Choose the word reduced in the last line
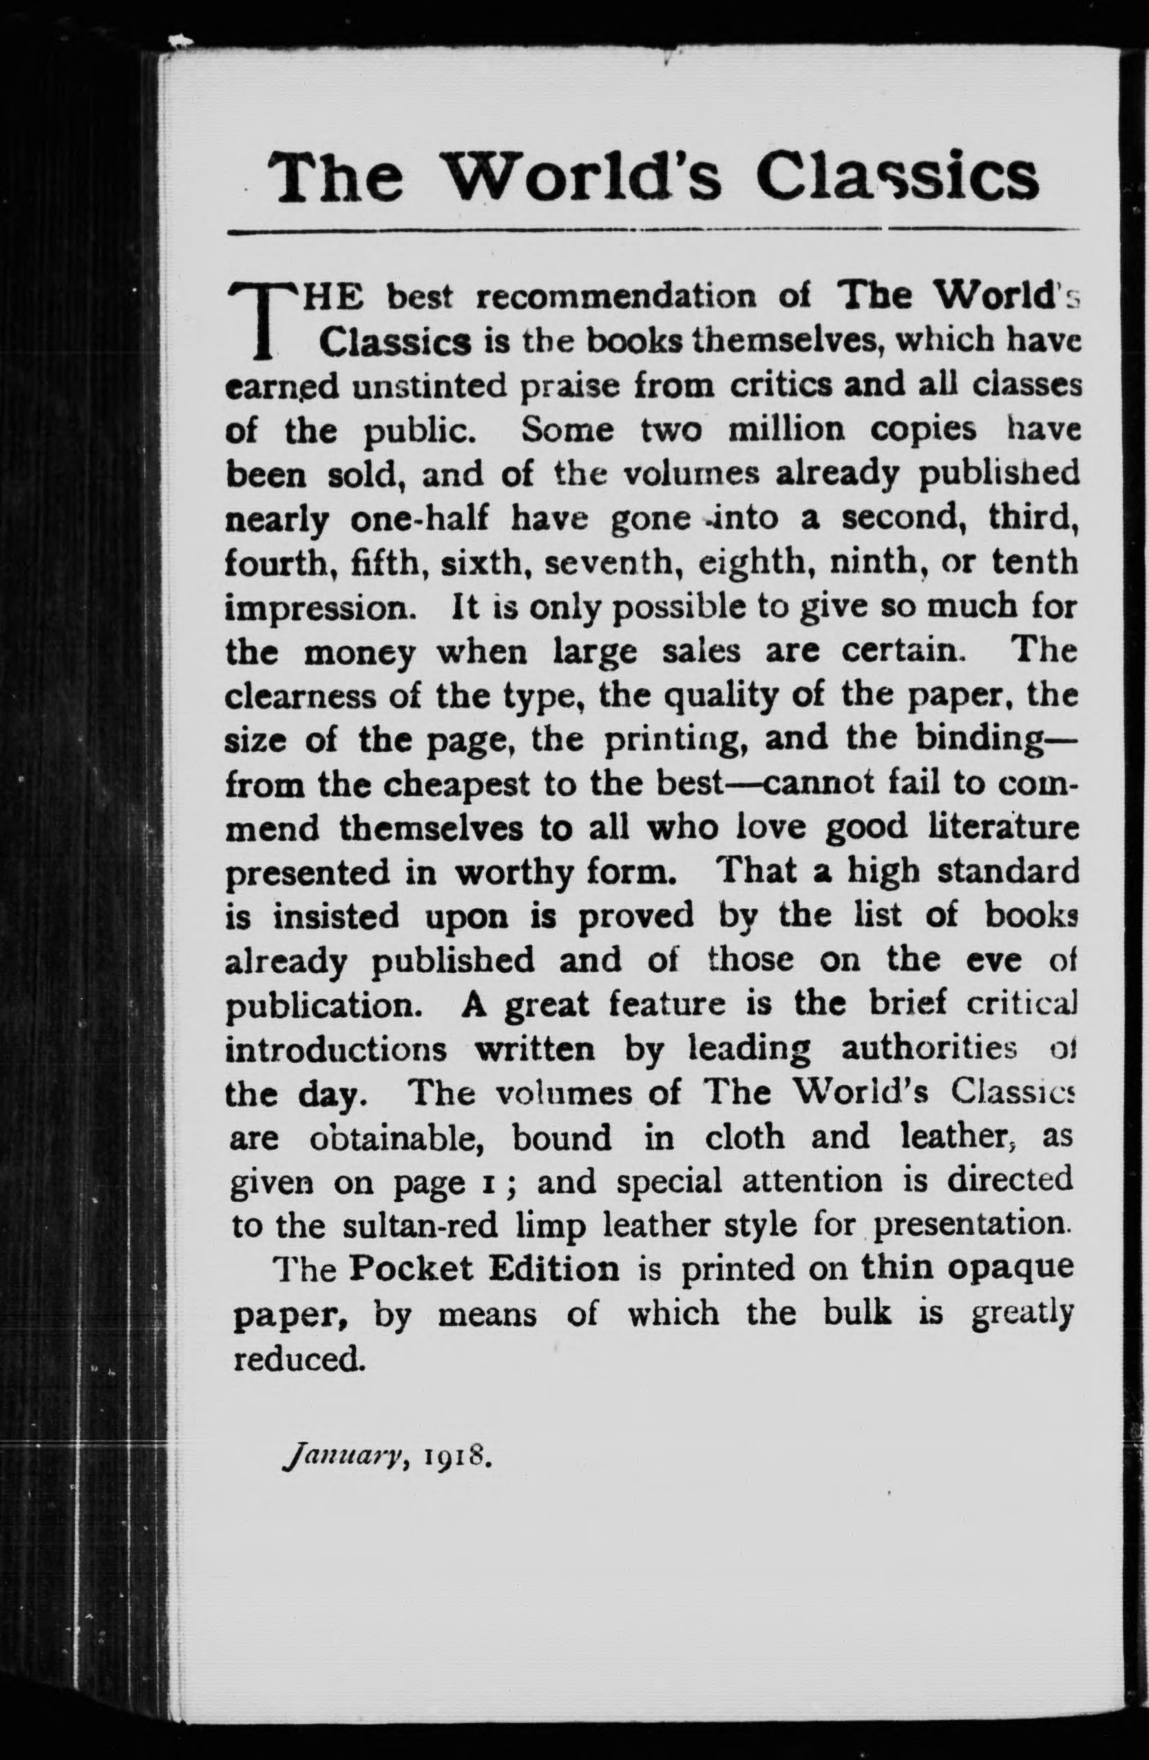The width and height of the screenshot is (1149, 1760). click(x=299, y=1359)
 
